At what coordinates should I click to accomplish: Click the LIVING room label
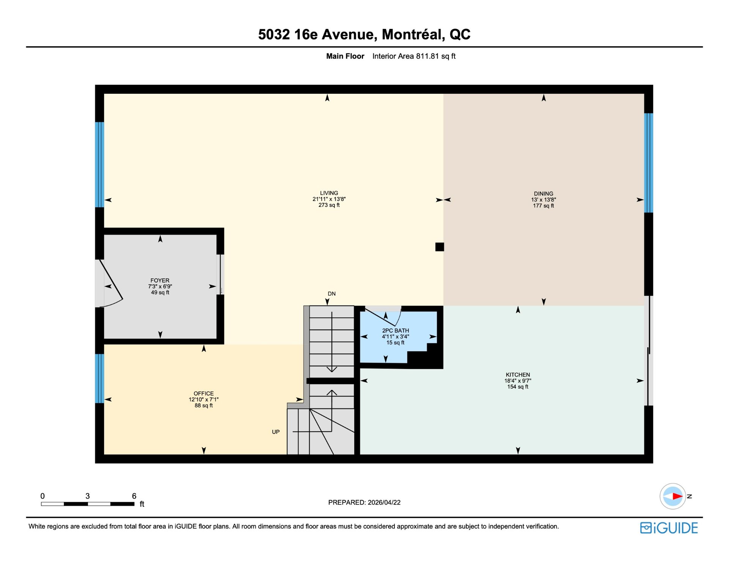(x=329, y=193)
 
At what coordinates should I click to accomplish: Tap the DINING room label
(x=543, y=194)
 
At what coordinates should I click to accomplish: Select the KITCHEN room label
(x=518, y=375)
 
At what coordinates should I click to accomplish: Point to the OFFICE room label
(x=204, y=394)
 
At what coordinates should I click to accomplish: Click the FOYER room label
(x=160, y=281)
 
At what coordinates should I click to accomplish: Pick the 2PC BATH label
(x=395, y=331)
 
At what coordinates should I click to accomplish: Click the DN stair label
(x=331, y=294)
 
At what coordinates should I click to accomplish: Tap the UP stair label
(x=276, y=432)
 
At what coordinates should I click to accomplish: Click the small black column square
(x=440, y=247)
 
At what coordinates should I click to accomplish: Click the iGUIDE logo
(x=669, y=528)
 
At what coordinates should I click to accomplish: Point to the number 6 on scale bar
(x=134, y=496)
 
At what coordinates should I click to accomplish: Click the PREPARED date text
(x=364, y=503)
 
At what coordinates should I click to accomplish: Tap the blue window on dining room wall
(x=649, y=163)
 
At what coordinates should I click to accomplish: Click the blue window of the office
(x=99, y=378)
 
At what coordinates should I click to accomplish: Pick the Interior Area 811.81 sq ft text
(x=414, y=56)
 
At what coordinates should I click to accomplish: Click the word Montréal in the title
(x=413, y=35)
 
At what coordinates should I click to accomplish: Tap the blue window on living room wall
(x=99, y=165)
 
